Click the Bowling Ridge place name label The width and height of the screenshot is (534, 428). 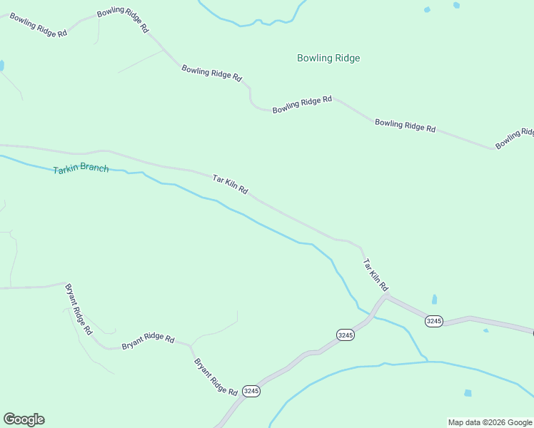tap(328, 58)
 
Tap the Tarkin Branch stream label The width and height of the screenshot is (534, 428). tap(81, 169)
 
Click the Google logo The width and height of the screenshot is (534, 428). tap(24, 419)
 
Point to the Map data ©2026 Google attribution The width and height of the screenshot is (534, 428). tap(490, 422)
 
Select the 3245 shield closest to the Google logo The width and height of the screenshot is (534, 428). tap(251, 391)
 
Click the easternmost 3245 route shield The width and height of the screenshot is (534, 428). tap(434, 321)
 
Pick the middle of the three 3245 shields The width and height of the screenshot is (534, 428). tap(346, 335)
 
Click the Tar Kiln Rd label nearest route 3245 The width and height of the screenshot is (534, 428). tap(375, 275)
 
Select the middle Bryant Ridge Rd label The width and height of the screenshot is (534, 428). tap(148, 341)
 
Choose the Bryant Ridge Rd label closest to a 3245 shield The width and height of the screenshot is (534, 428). tap(216, 377)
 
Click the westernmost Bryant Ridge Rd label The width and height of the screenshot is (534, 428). tap(79, 309)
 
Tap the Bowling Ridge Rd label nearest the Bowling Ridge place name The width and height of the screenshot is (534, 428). tap(302, 105)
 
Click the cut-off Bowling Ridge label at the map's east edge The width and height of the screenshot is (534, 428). tap(515, 138)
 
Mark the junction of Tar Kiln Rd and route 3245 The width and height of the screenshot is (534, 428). tap(386, 297)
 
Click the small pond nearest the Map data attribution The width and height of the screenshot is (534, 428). tap(468, 393)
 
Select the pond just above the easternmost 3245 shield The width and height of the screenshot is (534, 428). tap(434, 300)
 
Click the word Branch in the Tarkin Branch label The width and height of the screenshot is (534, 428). tap(94, 168)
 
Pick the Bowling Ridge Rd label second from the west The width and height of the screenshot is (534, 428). tap(123, 20)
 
